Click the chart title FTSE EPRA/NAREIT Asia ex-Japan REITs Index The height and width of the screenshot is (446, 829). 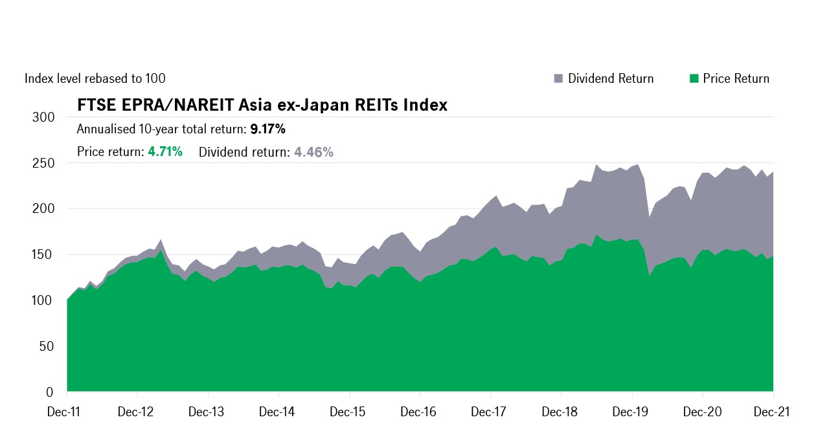262,105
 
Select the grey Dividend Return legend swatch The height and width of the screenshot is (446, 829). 558,78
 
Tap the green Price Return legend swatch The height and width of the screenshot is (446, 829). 694,78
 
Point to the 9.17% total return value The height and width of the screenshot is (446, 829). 267,129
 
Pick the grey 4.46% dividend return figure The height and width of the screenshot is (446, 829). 313,152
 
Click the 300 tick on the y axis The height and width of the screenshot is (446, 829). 44,117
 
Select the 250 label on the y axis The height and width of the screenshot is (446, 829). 44,163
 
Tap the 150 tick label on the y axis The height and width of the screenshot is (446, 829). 44,255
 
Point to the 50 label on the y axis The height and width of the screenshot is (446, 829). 47,347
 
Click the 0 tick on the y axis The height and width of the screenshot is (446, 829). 51,392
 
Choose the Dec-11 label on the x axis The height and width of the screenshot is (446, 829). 67,412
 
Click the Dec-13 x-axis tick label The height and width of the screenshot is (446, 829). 208,412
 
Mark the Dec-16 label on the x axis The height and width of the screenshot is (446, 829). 420,412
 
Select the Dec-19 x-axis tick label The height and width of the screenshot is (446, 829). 632,412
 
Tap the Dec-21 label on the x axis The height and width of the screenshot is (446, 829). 773,412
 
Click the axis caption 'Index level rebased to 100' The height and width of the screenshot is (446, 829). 95,78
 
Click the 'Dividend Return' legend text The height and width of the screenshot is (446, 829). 611,78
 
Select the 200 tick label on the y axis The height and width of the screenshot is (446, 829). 44,209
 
